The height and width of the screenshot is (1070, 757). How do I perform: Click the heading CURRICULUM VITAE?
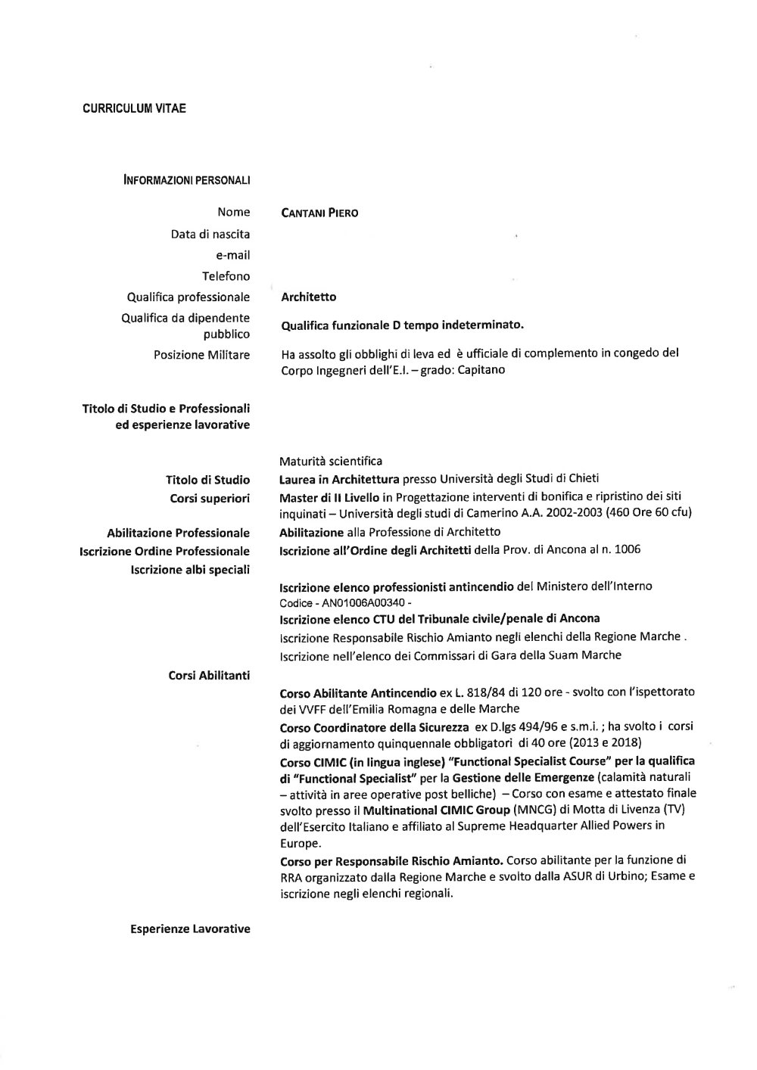(134, 108)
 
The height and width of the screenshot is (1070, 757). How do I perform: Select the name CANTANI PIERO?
(319, 213)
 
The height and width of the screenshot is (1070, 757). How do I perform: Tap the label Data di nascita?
(210, 235)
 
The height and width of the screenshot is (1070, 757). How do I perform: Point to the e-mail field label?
(233, 256)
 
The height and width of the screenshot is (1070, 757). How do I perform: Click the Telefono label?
(226, 276)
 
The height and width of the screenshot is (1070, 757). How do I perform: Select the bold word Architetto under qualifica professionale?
(308, 297)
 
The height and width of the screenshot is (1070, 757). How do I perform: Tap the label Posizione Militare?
(201, 355)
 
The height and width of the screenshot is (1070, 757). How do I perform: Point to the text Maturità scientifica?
(331, 461)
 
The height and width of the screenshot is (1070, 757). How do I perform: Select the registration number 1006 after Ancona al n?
(628, 549)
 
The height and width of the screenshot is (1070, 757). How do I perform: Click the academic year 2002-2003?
(585, 513)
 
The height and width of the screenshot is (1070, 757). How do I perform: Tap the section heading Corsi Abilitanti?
(209, 675)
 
